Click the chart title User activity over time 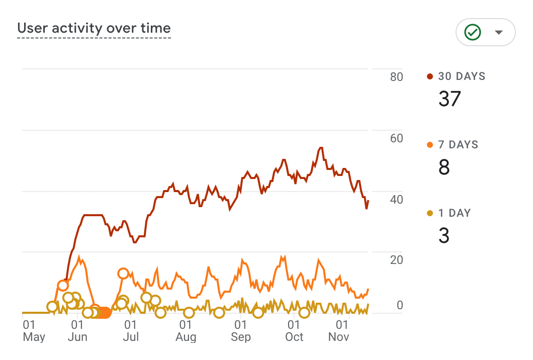[94, 29]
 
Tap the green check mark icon [473, 33]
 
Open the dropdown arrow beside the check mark [498, 33]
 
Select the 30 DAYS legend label [461, 76]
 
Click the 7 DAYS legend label [458, 145]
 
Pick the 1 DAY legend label [454, 213]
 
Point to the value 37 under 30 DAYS [450, 99]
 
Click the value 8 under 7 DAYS [444, 167]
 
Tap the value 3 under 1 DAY [444, 235]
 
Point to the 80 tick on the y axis [396, 77]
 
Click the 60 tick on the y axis [396, 138]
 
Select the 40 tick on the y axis [396, 200]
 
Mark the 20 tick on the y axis [396, 260]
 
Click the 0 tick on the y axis [400, 305]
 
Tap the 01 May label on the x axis [33, 330]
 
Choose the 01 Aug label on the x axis [186, 330]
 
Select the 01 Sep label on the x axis [240, 330]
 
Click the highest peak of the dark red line [320, 148]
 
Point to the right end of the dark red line [368, 201]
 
